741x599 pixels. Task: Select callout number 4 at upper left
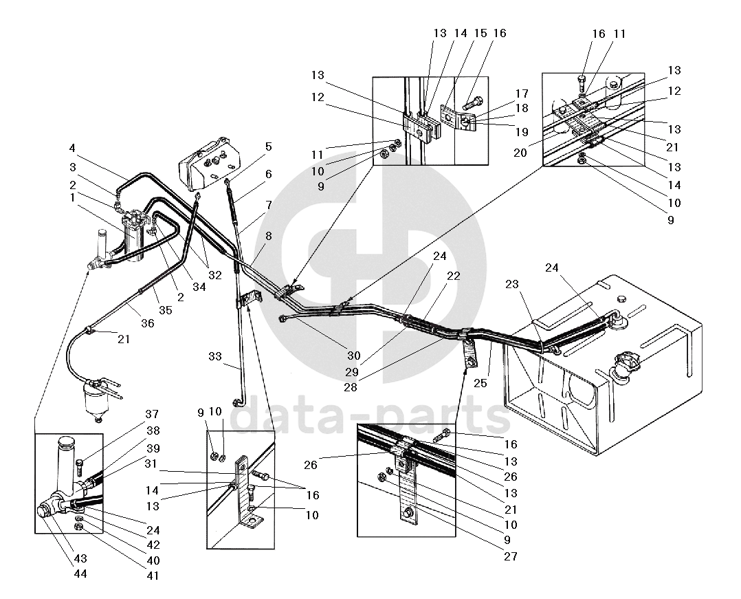coord(73,149)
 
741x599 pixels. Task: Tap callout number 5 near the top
coord(269,146)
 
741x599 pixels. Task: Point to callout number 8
coord(269,236)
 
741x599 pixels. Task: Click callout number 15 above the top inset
coord(480,33)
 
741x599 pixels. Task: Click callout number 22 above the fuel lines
coord(453,275)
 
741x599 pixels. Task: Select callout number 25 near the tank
coord(480,382)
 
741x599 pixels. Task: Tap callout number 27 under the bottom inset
coord(510,556)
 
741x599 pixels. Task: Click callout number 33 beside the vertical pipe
coord(215,356)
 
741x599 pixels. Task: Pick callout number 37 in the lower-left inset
coord(152,414)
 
